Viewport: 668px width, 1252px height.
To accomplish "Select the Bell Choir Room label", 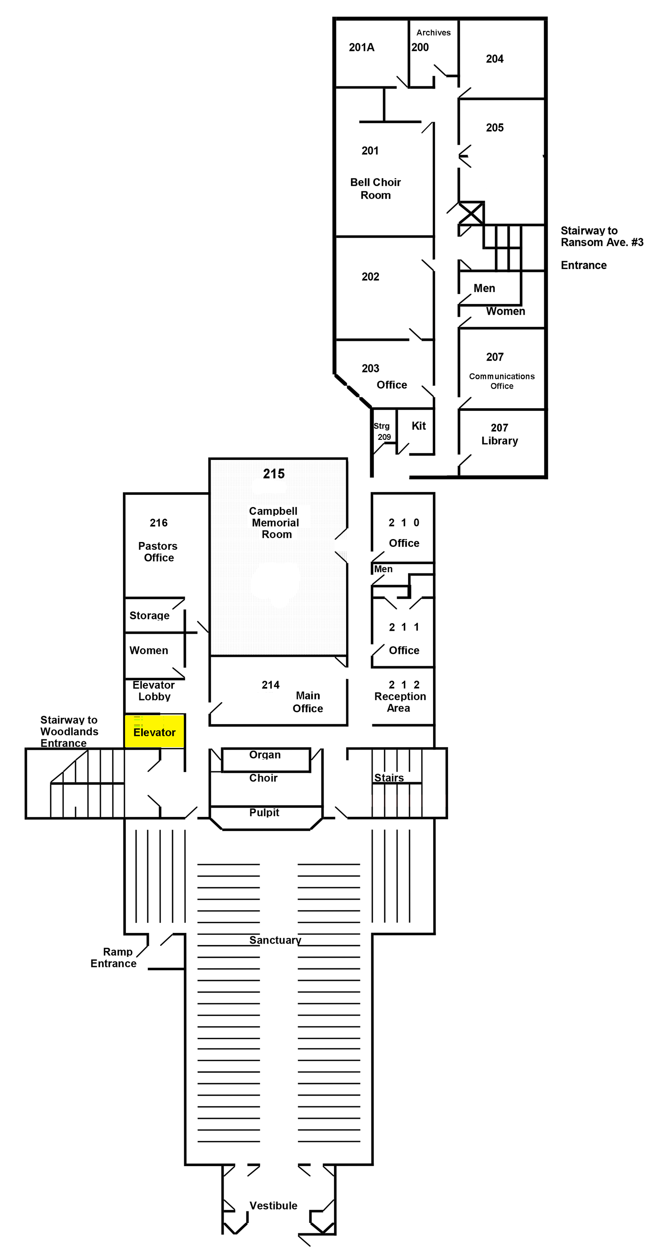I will [x=375, y=189].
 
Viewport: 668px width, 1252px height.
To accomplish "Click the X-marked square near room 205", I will [x=471, y=213].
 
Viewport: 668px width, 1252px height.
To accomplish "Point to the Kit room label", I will [x=418, y=426].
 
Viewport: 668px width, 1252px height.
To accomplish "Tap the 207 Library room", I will [x=499, y=434].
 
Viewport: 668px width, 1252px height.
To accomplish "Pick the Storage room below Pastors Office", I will [x=149, y=615].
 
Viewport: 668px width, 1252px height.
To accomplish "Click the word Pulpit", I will [x=264, y=812].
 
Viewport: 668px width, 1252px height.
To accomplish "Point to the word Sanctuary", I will [x=275, y=940].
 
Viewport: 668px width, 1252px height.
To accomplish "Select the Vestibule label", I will [x=273, y=1205].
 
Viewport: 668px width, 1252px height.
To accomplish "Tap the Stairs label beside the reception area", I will [x=389, y=778].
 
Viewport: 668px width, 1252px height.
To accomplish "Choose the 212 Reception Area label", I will [x=400, y=697].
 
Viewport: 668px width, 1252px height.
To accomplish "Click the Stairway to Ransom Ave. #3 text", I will [x=601, y=237].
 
